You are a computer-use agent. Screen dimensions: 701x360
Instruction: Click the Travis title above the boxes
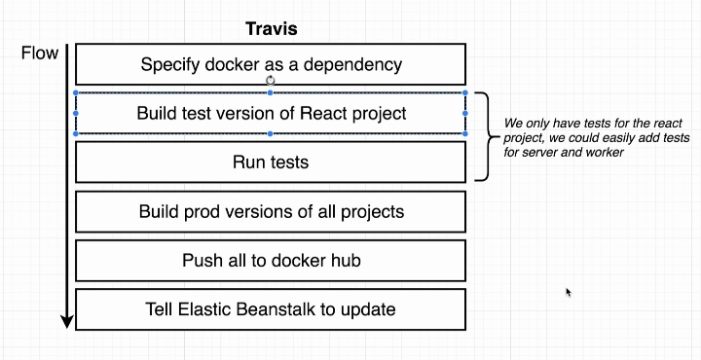[x=272, y=29]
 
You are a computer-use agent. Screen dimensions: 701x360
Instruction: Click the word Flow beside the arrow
[x=40, y=54]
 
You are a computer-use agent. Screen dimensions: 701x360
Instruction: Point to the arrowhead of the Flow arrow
[x=67, y=322]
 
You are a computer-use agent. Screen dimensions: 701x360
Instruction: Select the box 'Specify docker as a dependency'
[x=271, y=64]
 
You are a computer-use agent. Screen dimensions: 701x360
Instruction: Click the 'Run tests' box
[x=271, y=162]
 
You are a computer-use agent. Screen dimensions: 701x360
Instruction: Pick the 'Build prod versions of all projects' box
[x=271, y=212]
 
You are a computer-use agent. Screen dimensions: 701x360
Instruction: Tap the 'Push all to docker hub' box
[x=271, y=261]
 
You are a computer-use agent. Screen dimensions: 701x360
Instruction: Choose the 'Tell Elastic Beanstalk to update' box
[x=271, y=309]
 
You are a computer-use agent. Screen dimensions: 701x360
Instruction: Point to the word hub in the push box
[x=345, y=260]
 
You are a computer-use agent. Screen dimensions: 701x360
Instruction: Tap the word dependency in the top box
[x=352, y=65]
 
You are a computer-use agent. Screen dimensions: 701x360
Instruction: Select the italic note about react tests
[x=597, y=137]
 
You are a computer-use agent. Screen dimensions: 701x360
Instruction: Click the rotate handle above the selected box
[x=271, y=81]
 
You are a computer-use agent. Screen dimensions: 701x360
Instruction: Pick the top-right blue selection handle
[x=465, y=92]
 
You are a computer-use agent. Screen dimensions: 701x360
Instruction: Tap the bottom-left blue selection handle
[x=76, y=133]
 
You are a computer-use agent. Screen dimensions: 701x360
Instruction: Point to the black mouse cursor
[x=569, y=293]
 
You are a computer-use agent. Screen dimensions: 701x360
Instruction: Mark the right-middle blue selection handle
[x=465, y=114]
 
